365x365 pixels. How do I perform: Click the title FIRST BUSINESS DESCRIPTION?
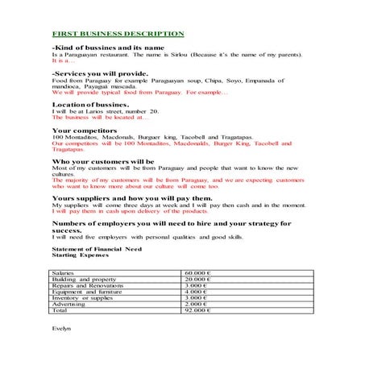[x=118, y=35]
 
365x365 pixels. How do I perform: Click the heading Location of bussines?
[x=89, y=104]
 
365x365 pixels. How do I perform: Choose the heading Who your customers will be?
[x=103, y=161]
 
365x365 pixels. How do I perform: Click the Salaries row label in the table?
[x=63, y=273]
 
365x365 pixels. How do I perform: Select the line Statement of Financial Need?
[x=91, y=249]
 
